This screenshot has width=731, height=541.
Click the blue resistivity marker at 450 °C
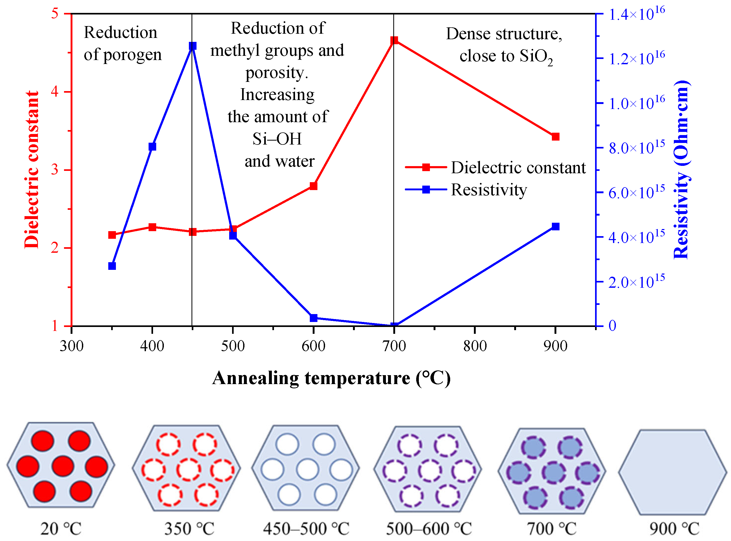click(193, 46)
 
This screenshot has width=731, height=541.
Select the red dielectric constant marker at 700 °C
click(394, 40)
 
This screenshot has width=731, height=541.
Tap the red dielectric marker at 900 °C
click(555, 137)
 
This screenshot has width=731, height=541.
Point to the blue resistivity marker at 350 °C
click(112, 266)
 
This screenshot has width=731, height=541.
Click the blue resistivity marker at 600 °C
click(313, 318)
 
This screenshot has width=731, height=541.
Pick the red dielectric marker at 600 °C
click(313, 186)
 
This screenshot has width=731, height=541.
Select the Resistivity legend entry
click(488, 190)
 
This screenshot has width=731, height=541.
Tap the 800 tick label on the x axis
click(475, 346)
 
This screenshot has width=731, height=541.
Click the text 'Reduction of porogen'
click(122, 43)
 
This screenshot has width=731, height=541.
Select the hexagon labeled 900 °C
click(672, 472)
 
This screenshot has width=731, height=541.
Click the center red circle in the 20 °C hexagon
click(63, 466)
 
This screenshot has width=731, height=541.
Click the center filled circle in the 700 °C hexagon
click(554, 473)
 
